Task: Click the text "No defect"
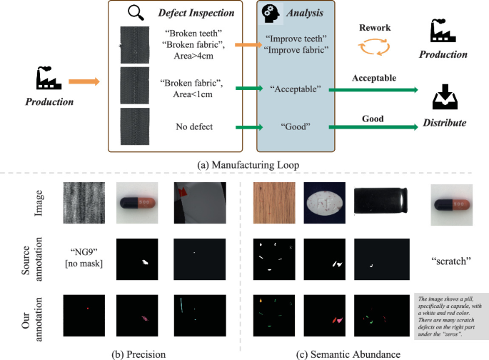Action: click(x=196, y=127)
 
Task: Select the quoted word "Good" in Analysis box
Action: click(x=294, y=128)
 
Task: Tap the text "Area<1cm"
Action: click(x=196, y=94)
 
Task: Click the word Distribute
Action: click(x=445, y=123)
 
